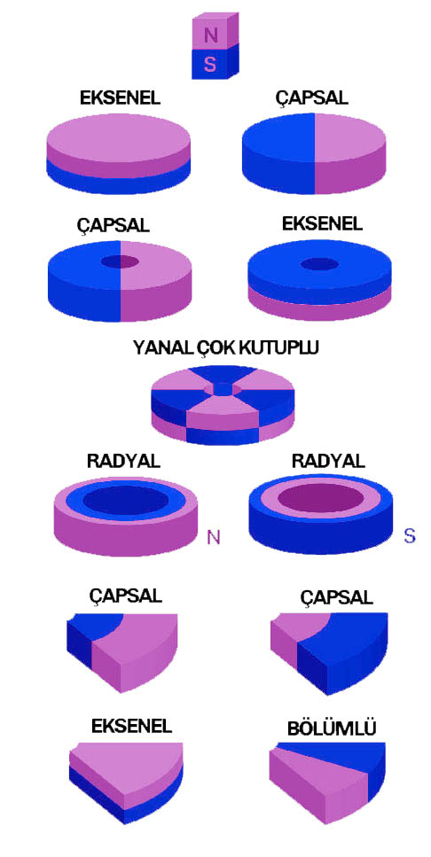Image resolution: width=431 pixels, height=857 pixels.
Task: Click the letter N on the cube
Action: click(x=210, y=35)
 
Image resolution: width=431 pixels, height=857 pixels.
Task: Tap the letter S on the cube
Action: click(x=210, y=64)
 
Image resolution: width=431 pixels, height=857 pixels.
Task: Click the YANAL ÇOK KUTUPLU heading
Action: click(x=225, y=347)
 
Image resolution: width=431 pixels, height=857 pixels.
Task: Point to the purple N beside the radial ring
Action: click(x=214, y=537)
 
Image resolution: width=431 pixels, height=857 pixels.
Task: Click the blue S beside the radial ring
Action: click(x=409, y=535)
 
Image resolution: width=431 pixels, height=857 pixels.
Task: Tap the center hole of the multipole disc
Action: click(x=222, y=389)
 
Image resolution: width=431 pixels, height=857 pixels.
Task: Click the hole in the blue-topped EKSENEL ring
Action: click(x=320, y=264)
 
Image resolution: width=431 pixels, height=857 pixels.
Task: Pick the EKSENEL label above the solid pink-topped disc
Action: click(x=121, y=97)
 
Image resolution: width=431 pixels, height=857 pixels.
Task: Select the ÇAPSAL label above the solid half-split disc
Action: click(x=312, y=97)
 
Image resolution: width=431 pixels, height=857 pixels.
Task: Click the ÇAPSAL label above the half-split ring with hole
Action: click(x=114, y=224)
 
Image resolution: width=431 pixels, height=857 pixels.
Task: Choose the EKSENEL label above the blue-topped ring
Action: click(x=322, y=223)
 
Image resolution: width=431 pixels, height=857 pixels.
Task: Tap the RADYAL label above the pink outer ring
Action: click(x=123, y=460)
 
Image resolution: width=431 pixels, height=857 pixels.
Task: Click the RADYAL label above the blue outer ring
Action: click(x=328, y=460)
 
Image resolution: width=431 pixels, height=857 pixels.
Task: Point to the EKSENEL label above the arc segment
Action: click(x=132, y=726)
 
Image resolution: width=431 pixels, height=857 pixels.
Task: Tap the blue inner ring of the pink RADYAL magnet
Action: click(x=126, y=499)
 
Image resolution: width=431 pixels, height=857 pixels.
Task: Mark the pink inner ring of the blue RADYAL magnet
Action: click(x=320, y=498)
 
